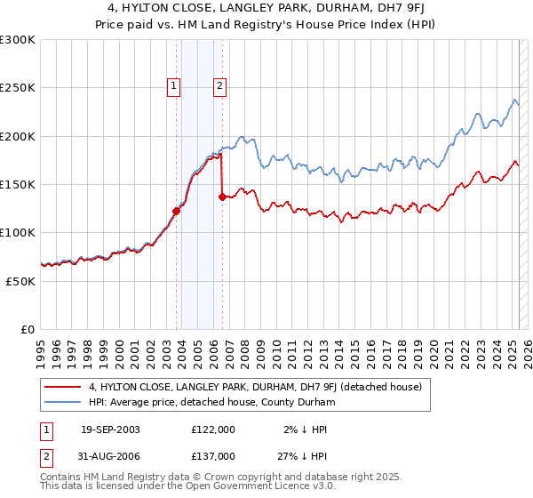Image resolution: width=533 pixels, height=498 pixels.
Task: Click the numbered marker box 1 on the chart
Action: tap(172, 86)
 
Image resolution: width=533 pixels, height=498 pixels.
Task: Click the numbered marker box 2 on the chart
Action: tap(219, 86)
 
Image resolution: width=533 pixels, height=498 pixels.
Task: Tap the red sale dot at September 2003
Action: tap(176, 211)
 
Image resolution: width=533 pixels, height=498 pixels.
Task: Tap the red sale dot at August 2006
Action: tap(222, 197)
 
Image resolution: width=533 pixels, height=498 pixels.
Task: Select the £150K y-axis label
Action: tap(18, 184)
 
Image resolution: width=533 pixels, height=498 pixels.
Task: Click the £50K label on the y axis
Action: tap(21, 280)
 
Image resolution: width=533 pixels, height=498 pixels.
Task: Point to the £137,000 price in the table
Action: tap(212, 455)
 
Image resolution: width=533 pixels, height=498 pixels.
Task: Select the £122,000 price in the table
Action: tap(212, 430)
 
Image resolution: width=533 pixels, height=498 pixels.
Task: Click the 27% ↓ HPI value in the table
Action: tap(292, 455)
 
